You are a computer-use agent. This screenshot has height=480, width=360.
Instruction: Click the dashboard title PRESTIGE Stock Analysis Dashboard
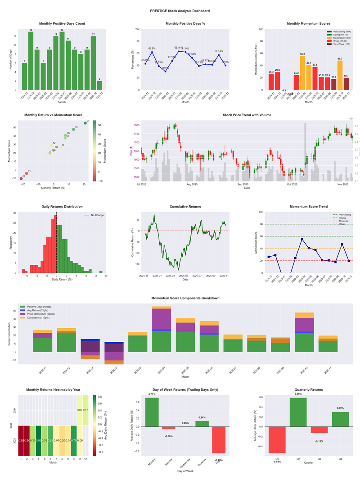pos(180,10)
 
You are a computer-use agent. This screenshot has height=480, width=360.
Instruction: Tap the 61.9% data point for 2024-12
pos(152,52)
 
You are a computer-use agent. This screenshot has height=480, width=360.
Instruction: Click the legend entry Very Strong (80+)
pos(341,32)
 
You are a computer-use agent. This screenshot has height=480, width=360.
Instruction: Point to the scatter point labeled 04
pos(85,123)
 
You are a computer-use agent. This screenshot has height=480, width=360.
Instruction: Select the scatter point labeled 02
pos(21,178)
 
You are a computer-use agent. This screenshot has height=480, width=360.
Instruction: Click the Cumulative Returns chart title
pos(185,207)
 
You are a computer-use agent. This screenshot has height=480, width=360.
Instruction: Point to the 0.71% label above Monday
pos(152,394)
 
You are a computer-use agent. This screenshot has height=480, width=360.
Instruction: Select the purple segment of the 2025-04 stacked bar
pos(162,320)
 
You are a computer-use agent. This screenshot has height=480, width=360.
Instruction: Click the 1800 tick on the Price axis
pos(136,125)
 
